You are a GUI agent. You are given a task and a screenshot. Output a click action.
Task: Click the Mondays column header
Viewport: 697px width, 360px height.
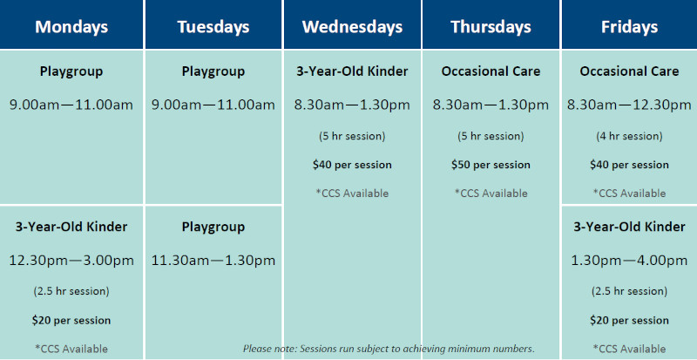click(x=71, y=27)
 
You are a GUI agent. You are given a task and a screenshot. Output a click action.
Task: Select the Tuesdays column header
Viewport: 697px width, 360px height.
click(x=213, y=27)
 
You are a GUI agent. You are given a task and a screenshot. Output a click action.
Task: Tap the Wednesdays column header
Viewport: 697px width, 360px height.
click(x=353, y=27)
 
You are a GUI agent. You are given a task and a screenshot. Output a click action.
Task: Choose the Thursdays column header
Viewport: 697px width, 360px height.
click(x=491, y=27)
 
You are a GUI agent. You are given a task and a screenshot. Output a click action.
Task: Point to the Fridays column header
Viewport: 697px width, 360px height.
click(x=629, y=27)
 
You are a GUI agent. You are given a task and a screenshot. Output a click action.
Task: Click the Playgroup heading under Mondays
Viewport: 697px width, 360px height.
click(x=71, y=71)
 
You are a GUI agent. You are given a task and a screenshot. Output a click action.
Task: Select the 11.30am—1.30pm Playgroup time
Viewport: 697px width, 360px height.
click(x=213, y=261)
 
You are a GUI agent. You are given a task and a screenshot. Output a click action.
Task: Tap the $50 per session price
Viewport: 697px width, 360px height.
click(x=491, y=165)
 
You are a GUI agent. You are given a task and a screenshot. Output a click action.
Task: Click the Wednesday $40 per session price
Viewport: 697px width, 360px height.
click(x=352, y=165)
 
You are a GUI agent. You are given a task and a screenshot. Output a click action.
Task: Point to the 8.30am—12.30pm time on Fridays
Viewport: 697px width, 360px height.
click(x=629, y=105)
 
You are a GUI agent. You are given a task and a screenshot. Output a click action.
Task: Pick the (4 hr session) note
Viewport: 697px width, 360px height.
click(x=629, y=136)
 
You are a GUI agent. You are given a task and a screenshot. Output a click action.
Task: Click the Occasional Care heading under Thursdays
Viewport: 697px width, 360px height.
click(x=491, y=71)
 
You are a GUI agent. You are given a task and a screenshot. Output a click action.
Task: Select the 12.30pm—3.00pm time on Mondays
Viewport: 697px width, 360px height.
click(x=71, y=261)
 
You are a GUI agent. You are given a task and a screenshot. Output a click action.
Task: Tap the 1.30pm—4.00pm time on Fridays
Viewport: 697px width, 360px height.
click(x=629, y=261)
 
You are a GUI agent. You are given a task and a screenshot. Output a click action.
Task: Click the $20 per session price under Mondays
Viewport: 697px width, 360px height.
click(x=71, y=321)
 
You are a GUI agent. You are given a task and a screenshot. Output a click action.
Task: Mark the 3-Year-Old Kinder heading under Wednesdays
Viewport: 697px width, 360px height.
click(x=352, y=71)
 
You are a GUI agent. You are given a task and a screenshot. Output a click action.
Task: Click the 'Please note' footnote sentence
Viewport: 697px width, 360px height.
click(x=389, y=349)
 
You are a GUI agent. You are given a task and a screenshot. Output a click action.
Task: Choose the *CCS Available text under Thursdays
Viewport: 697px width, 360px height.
click(x=491, y=194)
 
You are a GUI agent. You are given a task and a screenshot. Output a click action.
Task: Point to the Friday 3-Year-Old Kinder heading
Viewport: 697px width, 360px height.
click(x=629, y=227)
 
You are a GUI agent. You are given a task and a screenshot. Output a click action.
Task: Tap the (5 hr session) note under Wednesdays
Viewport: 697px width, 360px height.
click(x=352, y=136)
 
